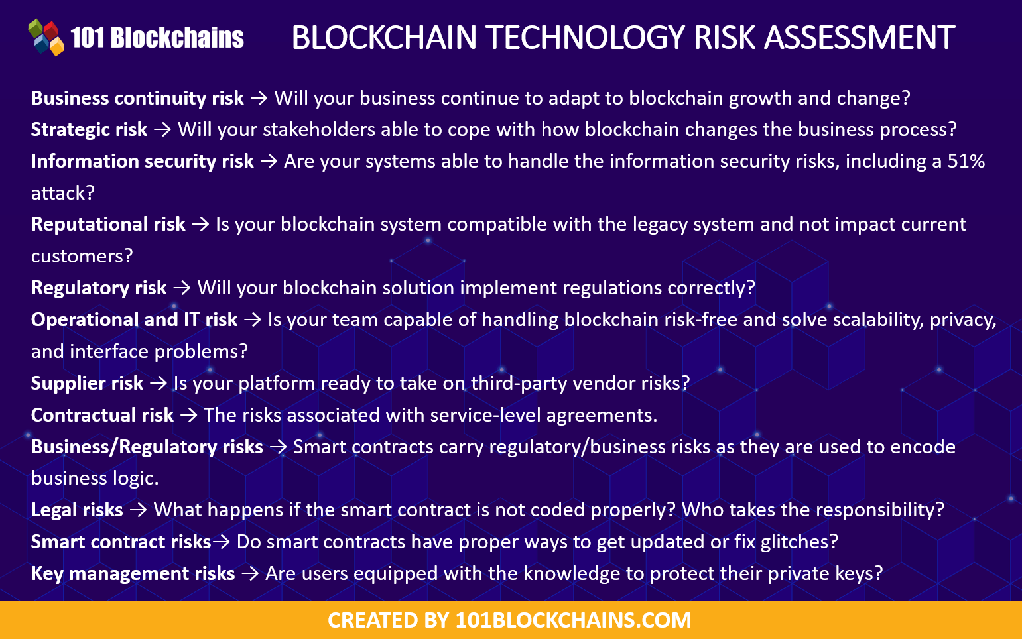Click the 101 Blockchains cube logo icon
click(x=46, y=37)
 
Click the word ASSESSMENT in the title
click(x=860, y=38)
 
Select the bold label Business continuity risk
click(x=137, y=98)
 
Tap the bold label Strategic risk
click(x=89, y=129)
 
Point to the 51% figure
click(x=966, y=161)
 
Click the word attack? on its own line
click(x=63, y=193)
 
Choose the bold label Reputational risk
click(x=108, y=224)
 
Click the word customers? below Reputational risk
click(x=82, y=256)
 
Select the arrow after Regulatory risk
click(x=182, y=288)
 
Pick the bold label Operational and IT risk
click(x=134, y=319)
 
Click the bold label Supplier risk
click(x=87, y=383)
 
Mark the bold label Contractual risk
click(x=102, y=415)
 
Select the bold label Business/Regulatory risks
click(x=147, y=447)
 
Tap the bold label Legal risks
click(x=77, y=510)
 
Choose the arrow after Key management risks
click(x=250, y=573)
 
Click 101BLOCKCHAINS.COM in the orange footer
click(x=573, y=620)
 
